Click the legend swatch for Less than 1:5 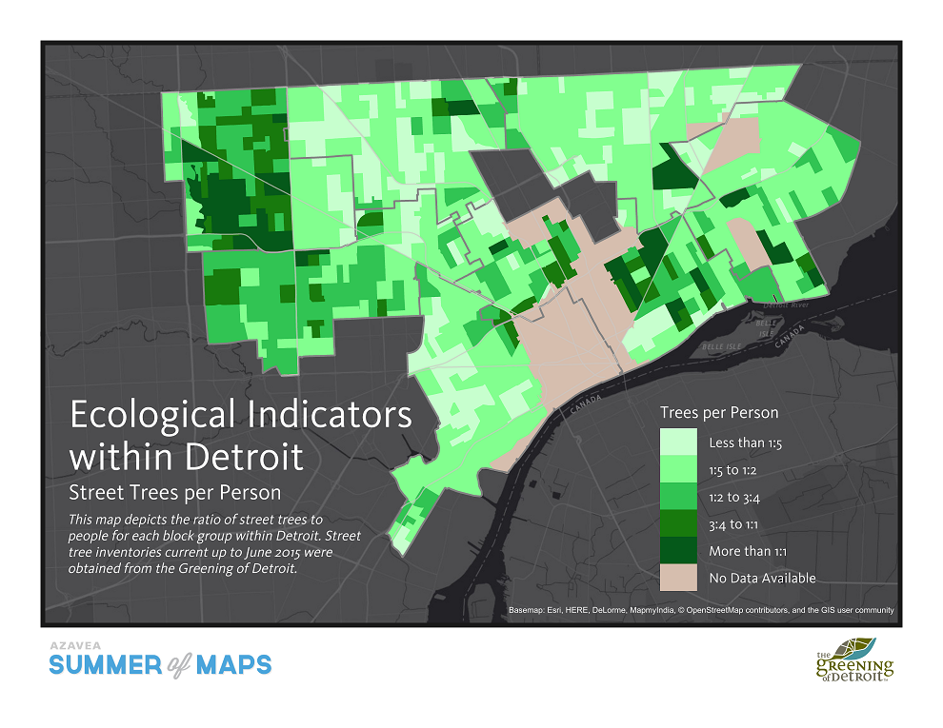point(679,443)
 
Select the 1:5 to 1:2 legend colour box point(679,469)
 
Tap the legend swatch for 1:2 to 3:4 point(679,496)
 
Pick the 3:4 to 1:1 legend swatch point(679,523)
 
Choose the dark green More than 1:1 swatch point(679,550)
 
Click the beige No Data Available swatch point(679,577)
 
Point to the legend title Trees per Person point(719,412)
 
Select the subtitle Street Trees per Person point(175,492)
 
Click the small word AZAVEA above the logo point(71,644)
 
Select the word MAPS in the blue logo point(233,664)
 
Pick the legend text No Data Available point(762,578)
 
